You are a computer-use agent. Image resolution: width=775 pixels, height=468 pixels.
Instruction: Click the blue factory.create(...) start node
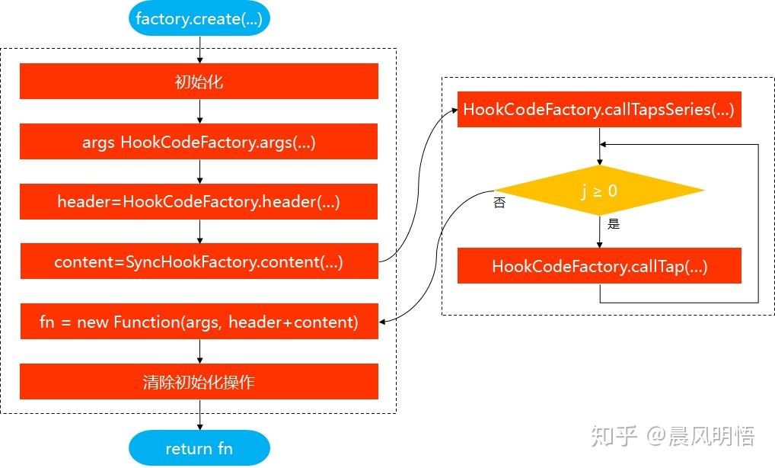[x=199, y=19]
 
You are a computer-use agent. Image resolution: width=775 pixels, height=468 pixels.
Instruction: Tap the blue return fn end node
[x=199, y=448]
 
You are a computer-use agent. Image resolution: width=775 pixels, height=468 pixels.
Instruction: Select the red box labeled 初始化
[x=199, y=82]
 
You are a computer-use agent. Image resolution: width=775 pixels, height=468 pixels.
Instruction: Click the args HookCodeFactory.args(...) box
[x=199, y=142]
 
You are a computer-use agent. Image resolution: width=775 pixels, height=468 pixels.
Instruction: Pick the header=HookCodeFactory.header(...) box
[x=199, y=202]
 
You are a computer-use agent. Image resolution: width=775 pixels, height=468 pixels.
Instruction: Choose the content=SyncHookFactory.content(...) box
[x=199, y=261]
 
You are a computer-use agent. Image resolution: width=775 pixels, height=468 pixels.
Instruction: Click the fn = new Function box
[x=199, y=322]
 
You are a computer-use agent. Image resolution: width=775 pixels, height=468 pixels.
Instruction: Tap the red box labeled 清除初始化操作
[x=199, y=382]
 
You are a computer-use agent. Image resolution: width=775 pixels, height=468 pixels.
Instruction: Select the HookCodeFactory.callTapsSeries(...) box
[x=598, y=110]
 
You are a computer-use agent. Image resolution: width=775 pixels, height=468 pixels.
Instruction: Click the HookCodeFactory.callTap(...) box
[x=599, y=266]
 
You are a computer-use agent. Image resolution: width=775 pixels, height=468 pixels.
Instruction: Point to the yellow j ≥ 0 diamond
[x=599, y=191]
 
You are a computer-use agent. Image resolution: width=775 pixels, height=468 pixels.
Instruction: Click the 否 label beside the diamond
[x=499, y=204]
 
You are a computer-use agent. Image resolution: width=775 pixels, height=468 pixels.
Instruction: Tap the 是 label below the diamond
[x=614, y=224]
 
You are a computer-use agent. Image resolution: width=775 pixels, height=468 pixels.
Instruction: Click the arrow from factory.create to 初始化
[x=199, y=50]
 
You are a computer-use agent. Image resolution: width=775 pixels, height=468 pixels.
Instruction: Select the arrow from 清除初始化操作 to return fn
[x=199, y=415]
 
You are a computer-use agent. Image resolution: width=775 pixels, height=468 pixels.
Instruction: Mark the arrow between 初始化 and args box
[x=199, y=111]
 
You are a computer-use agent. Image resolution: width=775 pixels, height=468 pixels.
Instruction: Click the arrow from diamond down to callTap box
[x=599, y=232]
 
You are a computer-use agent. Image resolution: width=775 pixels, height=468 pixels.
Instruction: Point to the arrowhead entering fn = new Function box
[x=383, y=322]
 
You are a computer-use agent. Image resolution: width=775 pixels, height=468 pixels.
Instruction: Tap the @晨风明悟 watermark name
[x=701, y=436]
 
